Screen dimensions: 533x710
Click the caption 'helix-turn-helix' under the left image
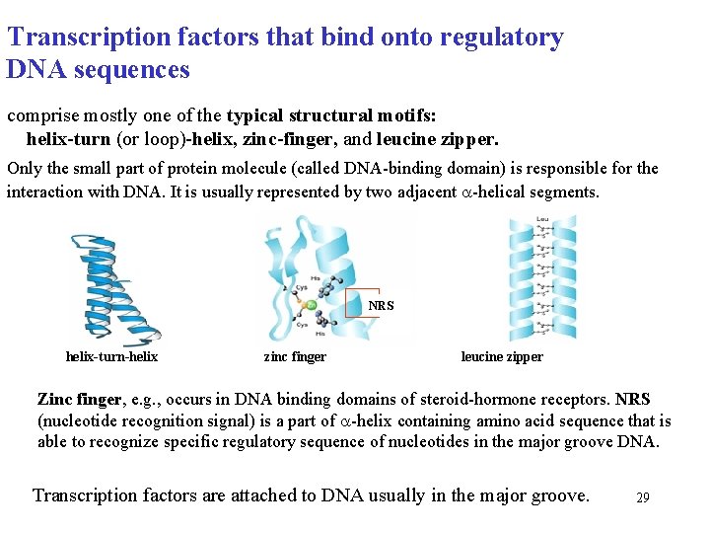tap(111, 356)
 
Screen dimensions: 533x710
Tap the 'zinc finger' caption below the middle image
tap(295, 356)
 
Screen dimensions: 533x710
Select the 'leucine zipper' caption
tap(502, 356)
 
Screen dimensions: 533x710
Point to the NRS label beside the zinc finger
tap(381, 306)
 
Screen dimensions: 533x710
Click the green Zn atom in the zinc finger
tap(310, 306)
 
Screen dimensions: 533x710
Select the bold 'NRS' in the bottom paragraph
tap(632, 400)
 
